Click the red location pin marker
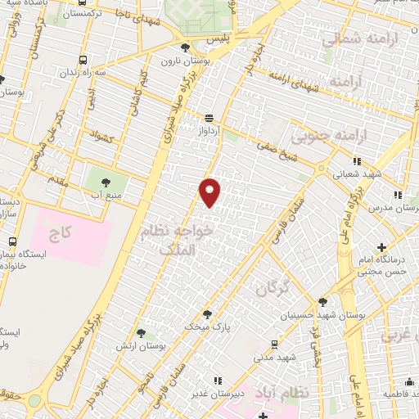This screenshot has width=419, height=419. tap(210, 192)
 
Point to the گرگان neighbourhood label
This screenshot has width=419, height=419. tap(273, 288)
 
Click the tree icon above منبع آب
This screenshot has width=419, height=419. tap(106, 180)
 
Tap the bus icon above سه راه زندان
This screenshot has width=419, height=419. tap(83, 61)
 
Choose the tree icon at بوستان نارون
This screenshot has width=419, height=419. tap(186, 47)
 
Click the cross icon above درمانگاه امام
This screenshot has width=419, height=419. tap(381, 246)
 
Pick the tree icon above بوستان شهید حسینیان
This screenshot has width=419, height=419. tap(323, 302)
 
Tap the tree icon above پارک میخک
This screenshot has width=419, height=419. tap(206, 313)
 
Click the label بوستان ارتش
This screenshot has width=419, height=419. tap(142, 346)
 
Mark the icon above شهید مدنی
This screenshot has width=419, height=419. tap(274, 344)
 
